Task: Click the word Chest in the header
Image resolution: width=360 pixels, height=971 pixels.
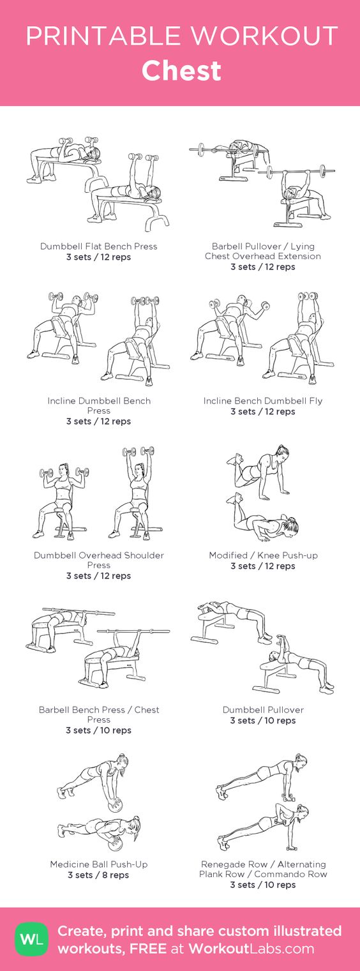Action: [181, 71]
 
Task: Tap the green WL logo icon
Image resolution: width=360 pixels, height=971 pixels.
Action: [31, 939]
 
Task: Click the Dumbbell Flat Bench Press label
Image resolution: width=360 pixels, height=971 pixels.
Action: [99, 246]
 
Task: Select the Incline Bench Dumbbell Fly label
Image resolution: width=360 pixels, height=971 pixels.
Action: [263, 401]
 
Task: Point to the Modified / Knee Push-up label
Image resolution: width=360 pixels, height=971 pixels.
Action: [263, 555]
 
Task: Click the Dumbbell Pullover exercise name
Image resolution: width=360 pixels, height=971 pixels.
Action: [263, 710]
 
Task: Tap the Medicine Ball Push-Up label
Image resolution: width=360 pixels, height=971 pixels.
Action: [99, 864]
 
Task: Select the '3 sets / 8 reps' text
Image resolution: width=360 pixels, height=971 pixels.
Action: [99, 875]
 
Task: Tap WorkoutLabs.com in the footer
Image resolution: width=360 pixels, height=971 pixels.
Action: [251, 949]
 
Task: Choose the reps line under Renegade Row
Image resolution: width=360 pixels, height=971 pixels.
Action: [263, 885]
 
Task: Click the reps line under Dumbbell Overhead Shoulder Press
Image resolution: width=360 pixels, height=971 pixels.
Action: [99, 576]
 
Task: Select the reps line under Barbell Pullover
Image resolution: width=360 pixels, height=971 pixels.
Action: [263, 267]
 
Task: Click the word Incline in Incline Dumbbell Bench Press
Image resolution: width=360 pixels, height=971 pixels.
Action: [61, 401]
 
